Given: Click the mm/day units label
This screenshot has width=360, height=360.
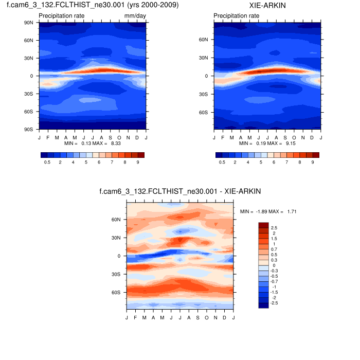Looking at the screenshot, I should pos(135,16).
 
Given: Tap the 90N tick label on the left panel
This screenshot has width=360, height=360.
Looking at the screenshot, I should pos(29,23).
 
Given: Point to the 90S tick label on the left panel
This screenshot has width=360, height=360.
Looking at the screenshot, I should pos(29,130).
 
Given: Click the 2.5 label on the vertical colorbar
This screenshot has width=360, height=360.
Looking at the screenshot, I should pos(274,227).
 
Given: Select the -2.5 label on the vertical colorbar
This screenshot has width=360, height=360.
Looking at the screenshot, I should pos(275,303).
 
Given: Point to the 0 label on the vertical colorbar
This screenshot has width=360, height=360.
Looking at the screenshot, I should pos(273,265).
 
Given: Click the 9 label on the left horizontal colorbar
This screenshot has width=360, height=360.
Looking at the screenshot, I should pos(138,162).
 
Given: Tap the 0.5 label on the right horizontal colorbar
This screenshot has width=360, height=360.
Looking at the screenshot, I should pos(222,162).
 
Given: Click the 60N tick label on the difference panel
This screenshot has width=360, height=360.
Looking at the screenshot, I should pos(116,220).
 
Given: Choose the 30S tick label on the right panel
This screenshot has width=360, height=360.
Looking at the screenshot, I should pos(204,94).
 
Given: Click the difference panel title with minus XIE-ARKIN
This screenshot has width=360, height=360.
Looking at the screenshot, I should pos(180,191).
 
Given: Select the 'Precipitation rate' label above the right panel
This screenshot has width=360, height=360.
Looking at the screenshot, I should pos(236,16).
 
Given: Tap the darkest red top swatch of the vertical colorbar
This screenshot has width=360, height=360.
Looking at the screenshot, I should pos(263,225).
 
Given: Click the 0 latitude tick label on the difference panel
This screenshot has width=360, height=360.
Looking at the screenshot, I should pos(119,256).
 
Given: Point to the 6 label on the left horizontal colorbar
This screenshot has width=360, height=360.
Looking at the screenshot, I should pos(99,162).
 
